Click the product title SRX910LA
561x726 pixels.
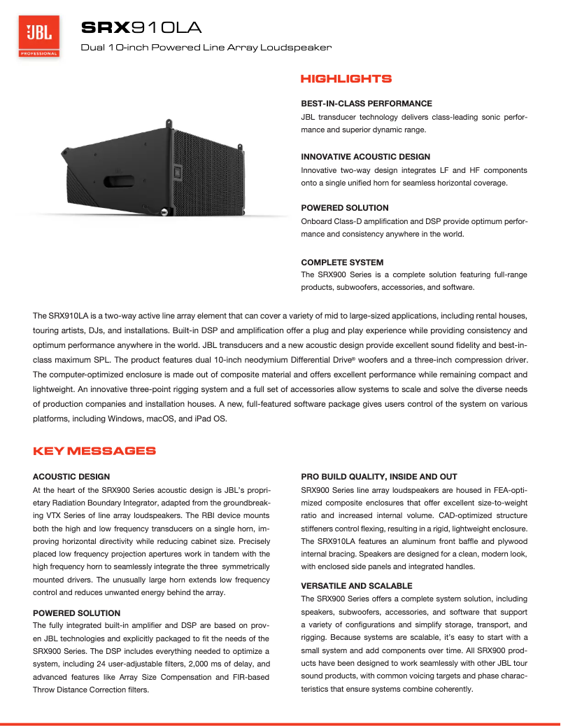coord(141,28)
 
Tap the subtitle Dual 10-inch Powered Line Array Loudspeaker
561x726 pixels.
coord(206,48)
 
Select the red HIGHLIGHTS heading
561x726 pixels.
coord(346,79)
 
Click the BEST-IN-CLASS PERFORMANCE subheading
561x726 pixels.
coord(366,103)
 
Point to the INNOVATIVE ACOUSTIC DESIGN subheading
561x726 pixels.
coord(365,157)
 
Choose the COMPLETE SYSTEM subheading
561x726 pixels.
coord(342,263)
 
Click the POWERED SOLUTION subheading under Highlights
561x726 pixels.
coord(344,208)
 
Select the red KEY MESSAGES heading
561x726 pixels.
coord(94,451)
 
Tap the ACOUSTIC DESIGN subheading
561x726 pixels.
coord(71,477)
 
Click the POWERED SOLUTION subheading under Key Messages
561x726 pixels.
coord(77,613)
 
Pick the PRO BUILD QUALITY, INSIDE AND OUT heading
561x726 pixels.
coord(378,477)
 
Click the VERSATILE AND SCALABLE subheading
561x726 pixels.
coord(356,586)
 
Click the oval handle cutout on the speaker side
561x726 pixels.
coord(125,184)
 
